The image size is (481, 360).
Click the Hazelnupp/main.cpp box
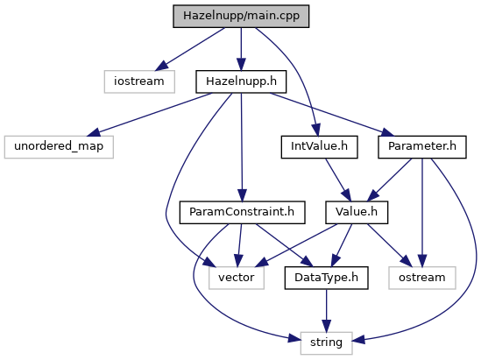tap(241, 16)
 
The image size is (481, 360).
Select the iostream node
tap(139, 81)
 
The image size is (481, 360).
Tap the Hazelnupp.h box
tap(241, 81)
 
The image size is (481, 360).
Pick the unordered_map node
tap(59, 147)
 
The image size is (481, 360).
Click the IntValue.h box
tap(319, 147)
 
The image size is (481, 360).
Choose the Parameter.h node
tap(422, 147)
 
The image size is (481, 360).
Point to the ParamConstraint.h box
tap(242, 213)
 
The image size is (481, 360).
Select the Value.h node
tap(357, 213)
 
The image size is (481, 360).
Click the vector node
tap(237, 278)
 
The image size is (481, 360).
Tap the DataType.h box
tap(327, 278)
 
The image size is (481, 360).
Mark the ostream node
tap(422, 278)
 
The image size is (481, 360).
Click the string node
tap(327, 343)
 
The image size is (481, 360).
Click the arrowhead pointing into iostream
tap(162, 66)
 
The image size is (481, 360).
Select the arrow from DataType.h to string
tap(327, 311)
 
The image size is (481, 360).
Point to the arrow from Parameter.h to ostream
tap(422, 213)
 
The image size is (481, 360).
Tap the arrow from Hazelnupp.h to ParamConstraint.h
tap(242, 147)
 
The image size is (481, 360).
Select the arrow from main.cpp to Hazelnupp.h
tap(241, 49)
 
